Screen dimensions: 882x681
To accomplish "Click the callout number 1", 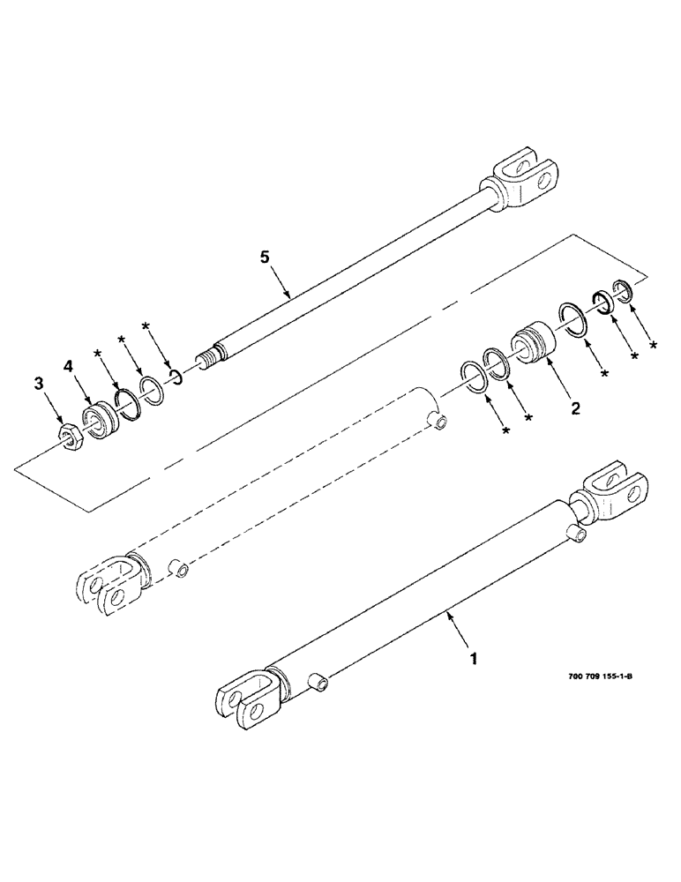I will (474, 658).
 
